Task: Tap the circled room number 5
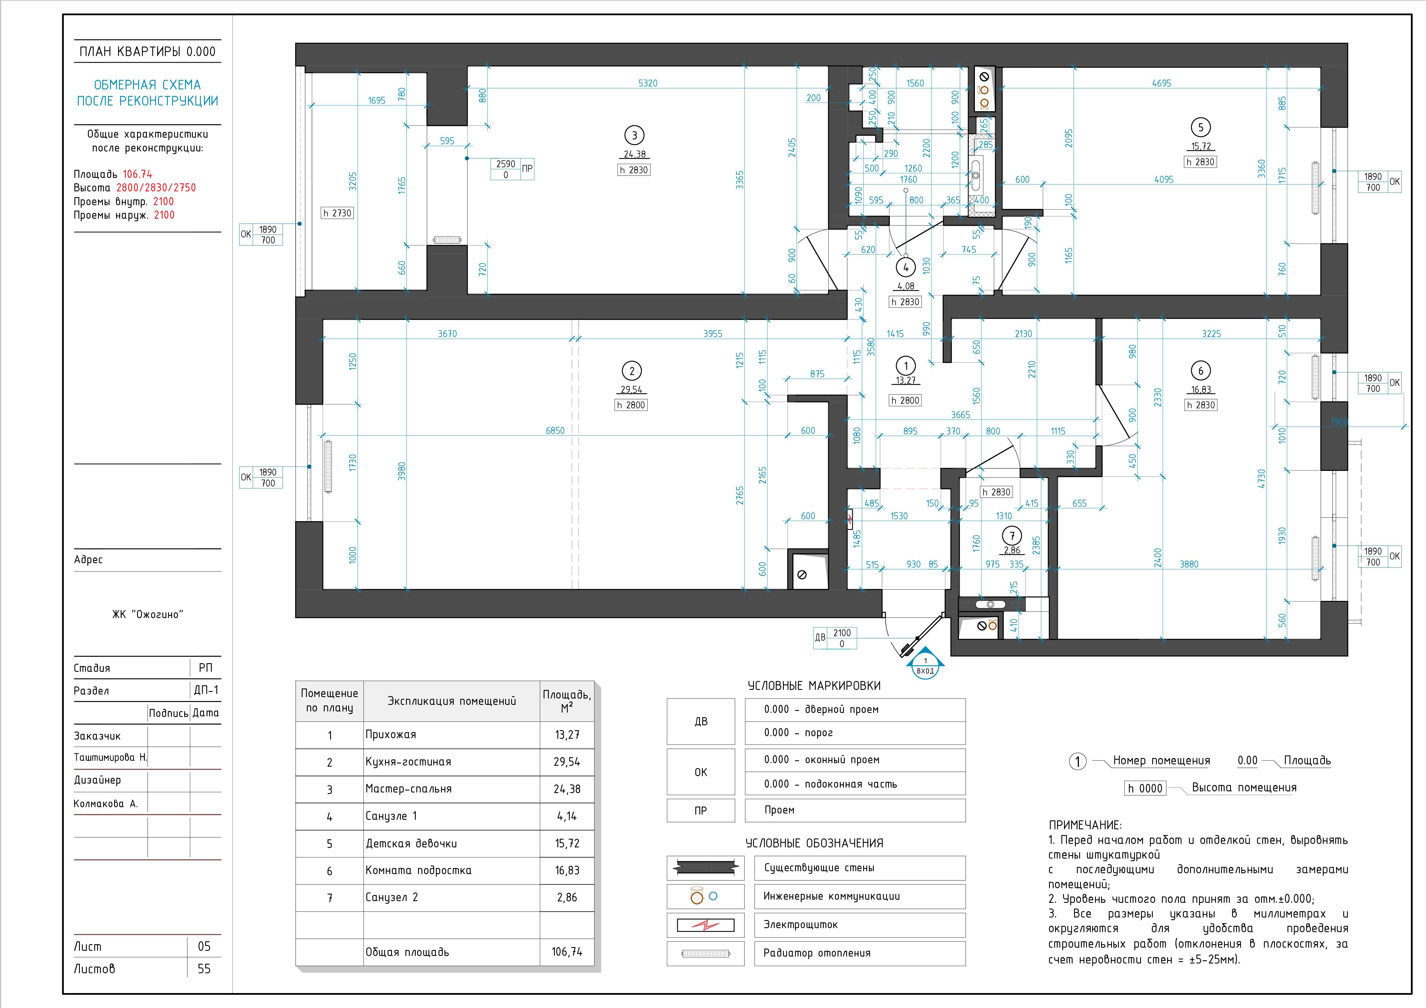point(1200,127)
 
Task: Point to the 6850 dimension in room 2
point(555,430)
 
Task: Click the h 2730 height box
point(337,213)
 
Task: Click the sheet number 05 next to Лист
point(204,947)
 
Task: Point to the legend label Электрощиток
point(800,925)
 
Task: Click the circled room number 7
point(1012,536)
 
